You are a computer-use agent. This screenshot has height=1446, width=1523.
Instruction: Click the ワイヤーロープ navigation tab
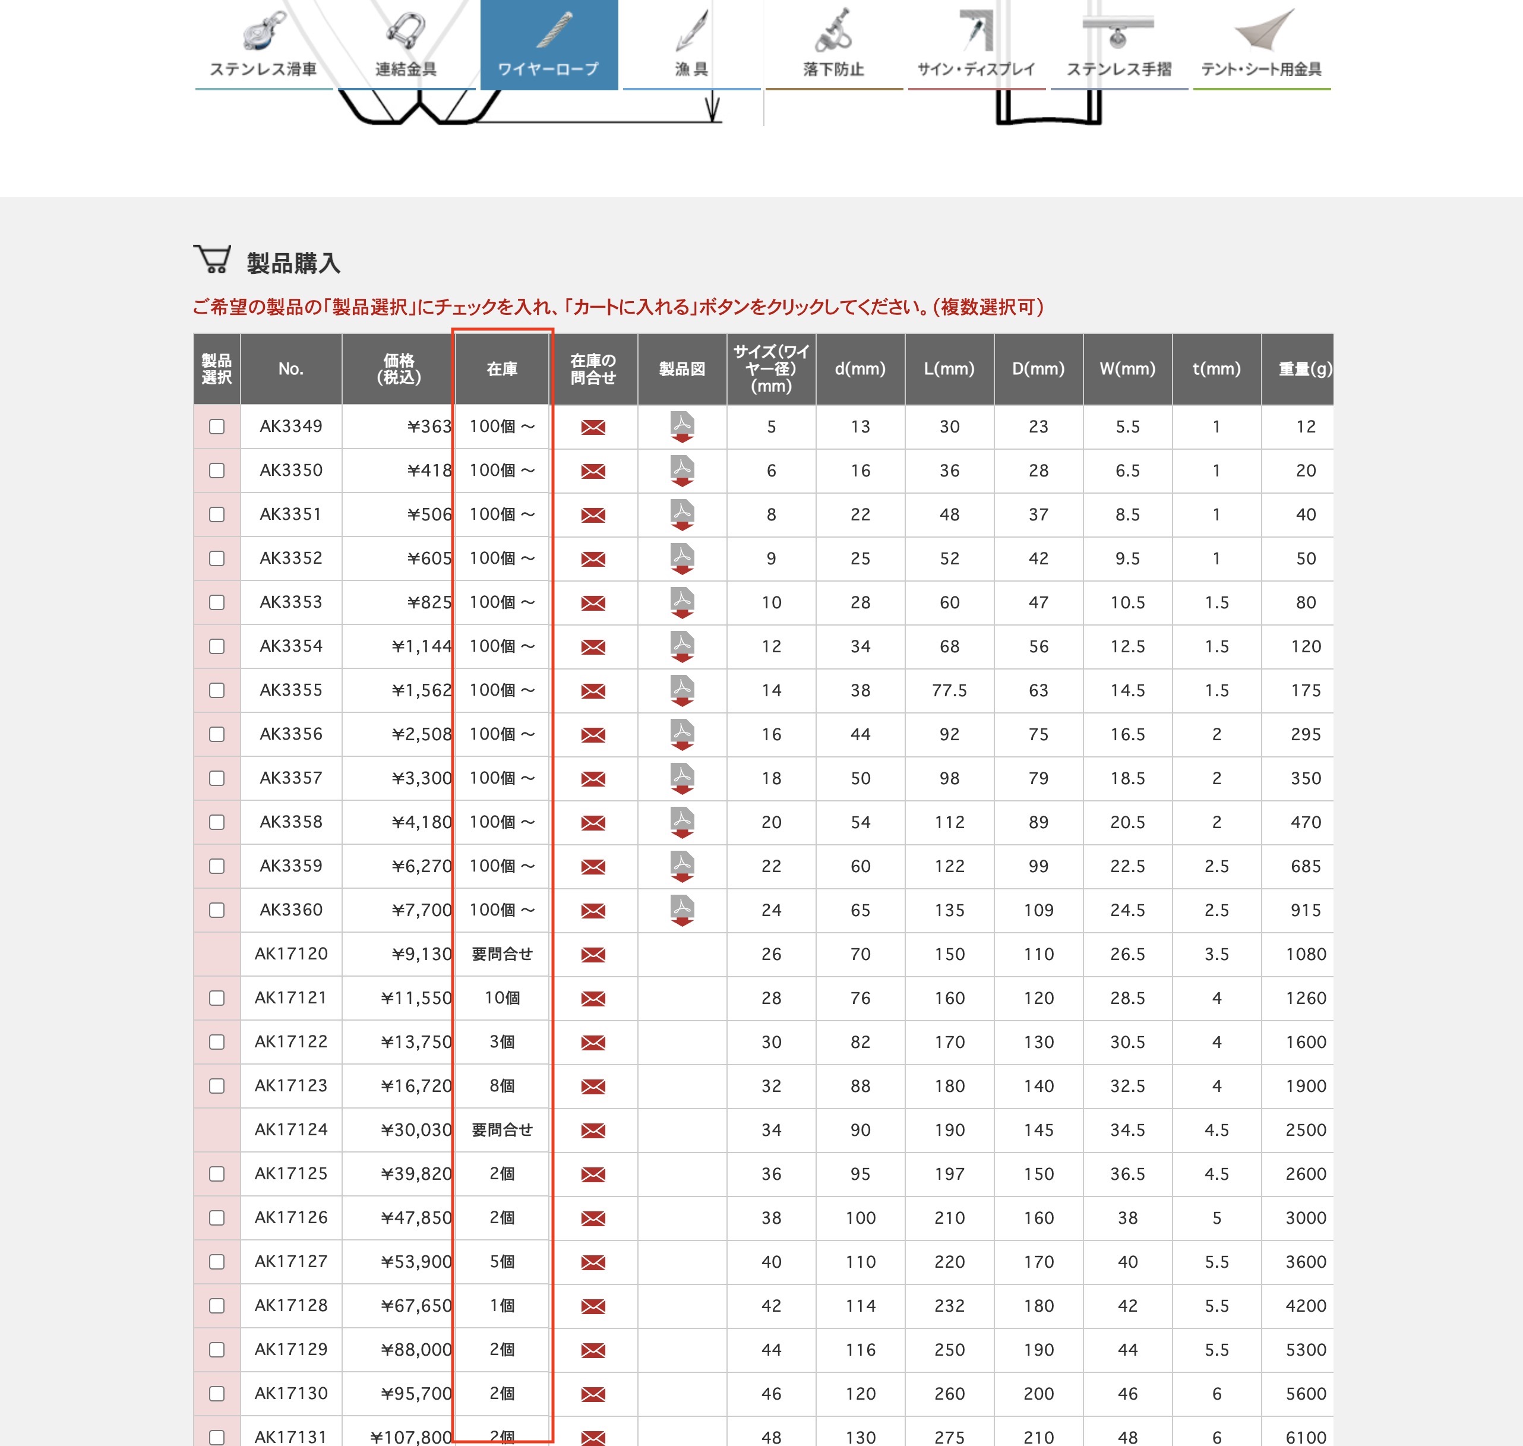click(x=548, y=45)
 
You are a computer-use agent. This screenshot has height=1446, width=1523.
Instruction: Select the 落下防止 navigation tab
click(x=833, y=45)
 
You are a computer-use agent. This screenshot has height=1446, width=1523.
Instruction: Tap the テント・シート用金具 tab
click(x=1261, y=45)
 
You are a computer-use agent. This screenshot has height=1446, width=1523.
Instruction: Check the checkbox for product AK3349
click(x=217, y=426)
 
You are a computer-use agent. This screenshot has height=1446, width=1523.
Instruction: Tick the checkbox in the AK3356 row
click(x=217, y=734)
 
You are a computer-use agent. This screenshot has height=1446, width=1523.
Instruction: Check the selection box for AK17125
click(x=217, y=1173)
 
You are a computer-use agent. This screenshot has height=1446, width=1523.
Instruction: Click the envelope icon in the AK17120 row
click(x=593, y=954)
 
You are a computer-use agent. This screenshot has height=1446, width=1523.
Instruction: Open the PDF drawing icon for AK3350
click(x=682, y=470)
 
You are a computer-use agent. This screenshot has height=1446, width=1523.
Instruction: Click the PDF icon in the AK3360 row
click(x=682, y=910)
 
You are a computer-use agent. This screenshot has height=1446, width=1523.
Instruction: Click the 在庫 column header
click(x=502, y=369)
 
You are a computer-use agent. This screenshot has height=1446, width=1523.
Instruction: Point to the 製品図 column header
click(x=682, y=369)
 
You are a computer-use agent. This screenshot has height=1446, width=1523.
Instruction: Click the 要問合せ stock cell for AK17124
click(x=502, y=1129)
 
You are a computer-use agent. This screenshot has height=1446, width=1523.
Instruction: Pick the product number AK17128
click(x=290, y=1305)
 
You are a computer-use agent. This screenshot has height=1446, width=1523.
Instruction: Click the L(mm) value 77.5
click(x=949, y=690)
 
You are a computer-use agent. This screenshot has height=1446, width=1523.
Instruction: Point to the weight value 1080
click(x=1306, y=954)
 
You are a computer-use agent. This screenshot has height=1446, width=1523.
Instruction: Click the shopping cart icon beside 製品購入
click(x=212, y=260)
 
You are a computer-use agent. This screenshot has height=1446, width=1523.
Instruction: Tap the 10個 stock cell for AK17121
click(x=502, y=997)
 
